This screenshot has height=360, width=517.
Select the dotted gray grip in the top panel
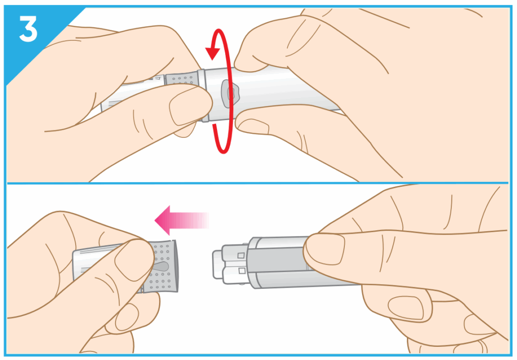click(x=182, y=79)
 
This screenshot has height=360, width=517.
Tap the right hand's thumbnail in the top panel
click(x=252, y=126)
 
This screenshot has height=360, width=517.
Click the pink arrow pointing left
click(x=182, y=220)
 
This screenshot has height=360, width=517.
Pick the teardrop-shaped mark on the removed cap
click(x=161, y=267)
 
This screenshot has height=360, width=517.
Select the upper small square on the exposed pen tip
click(x=241, y=255)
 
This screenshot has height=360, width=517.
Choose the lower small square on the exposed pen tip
click(x=242, y=271)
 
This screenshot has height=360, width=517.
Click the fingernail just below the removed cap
click(x=127, y=317)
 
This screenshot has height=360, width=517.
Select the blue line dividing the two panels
click(x=258, y=183)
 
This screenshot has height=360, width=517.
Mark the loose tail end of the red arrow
click(x=214, y=125)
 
